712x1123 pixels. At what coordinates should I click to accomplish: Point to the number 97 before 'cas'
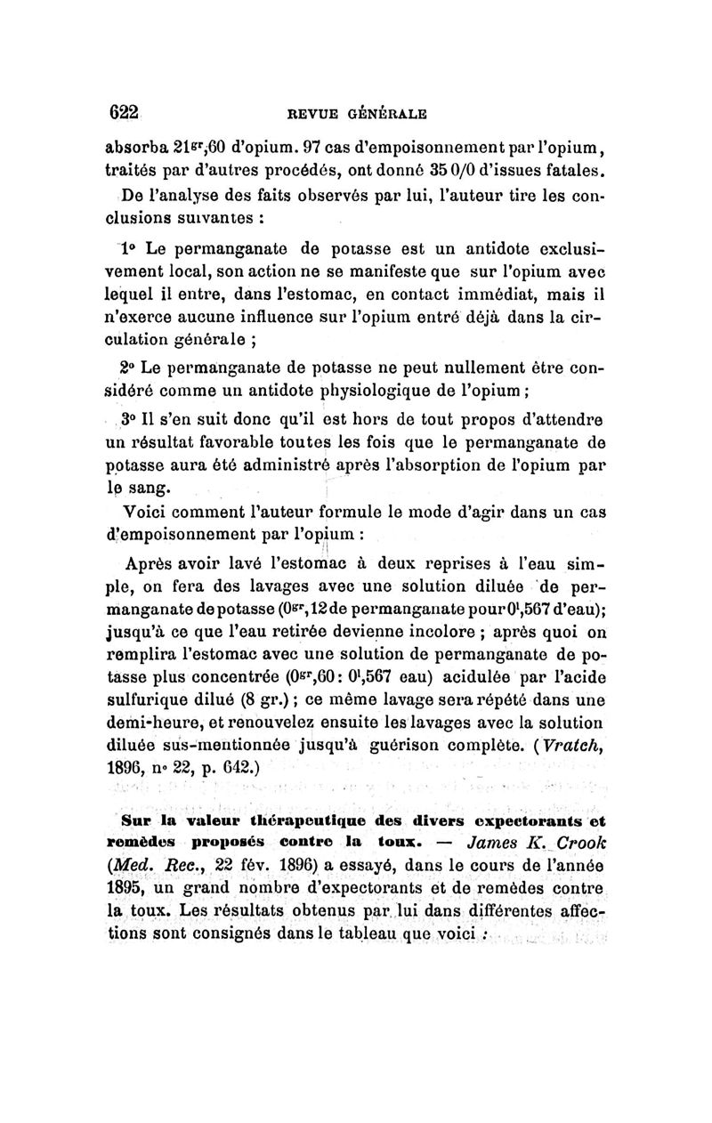coord(312,147)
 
